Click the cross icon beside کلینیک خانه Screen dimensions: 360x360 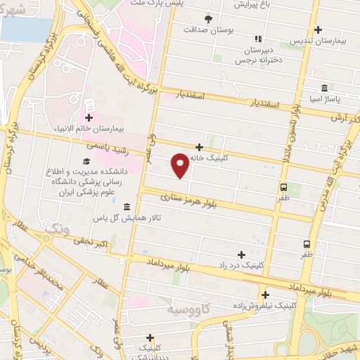[200, 148]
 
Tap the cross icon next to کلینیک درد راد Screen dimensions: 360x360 [242, 255]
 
